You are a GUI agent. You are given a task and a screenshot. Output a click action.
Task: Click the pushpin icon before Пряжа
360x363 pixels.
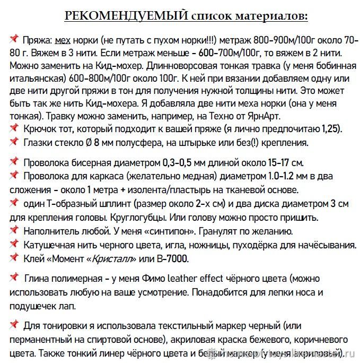tap(14, 39)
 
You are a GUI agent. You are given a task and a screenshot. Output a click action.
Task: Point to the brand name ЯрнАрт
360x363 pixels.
tap(259, 116)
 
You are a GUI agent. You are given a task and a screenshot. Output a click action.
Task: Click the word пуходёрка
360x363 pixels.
tap(264, 245)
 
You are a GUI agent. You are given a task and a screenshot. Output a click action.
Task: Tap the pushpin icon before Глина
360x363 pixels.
tap(14, 277)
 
